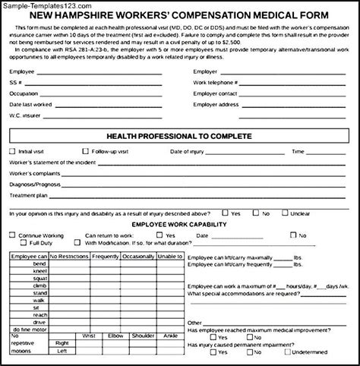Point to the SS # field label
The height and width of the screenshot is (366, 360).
pos(15,81)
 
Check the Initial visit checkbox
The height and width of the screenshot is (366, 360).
pos(13,151)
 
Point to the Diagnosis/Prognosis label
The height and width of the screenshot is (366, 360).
pos(33,184)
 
